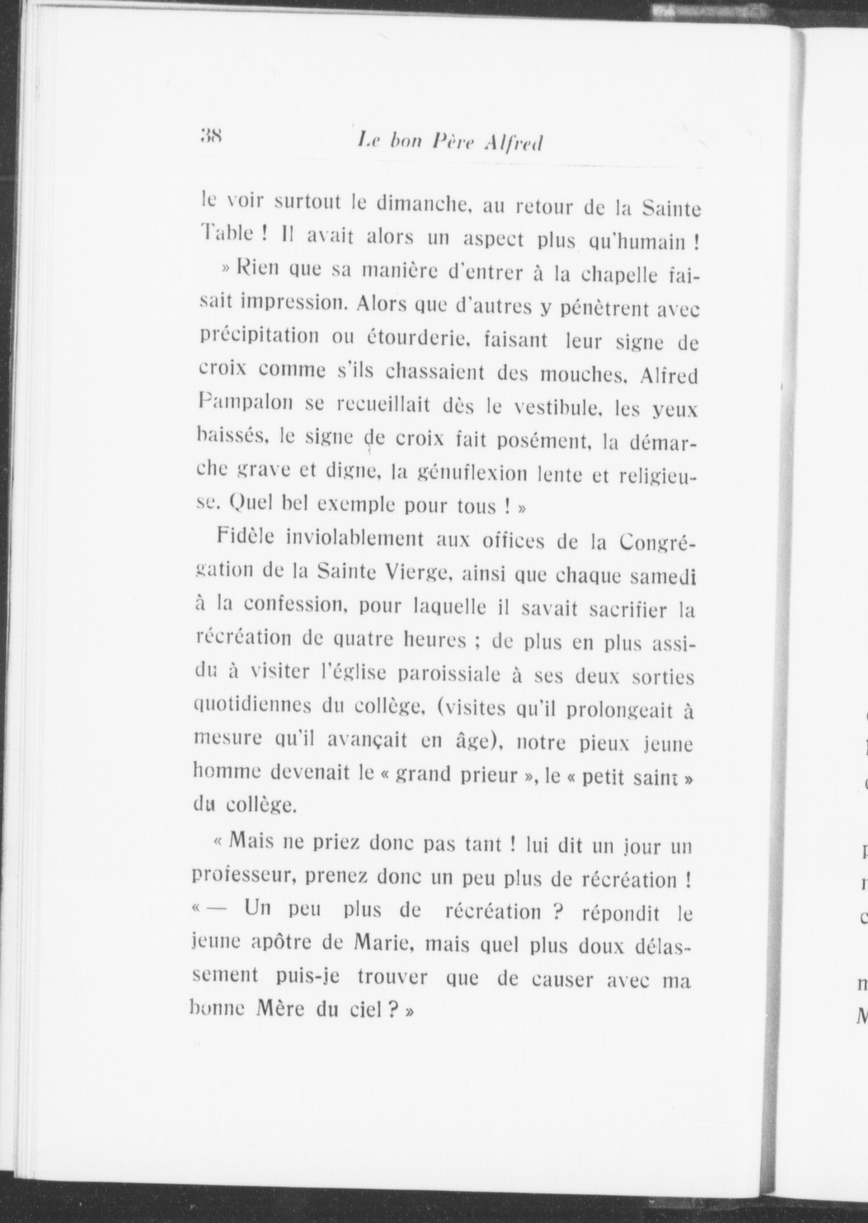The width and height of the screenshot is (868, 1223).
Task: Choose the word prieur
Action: point(487,774)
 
